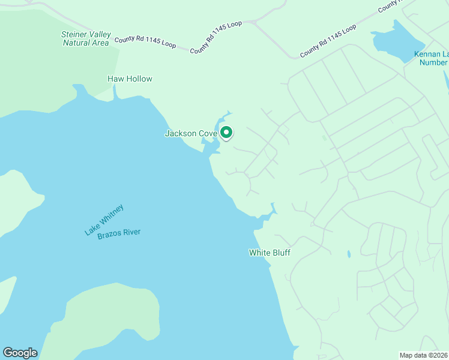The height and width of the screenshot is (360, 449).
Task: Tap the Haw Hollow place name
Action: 130,79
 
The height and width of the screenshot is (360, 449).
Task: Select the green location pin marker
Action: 226,132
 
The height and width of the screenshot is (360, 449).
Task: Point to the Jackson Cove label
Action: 190,134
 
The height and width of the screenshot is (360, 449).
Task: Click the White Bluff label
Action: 270,253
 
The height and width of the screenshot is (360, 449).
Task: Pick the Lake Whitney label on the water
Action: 104,219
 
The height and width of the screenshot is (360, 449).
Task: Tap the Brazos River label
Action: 119,233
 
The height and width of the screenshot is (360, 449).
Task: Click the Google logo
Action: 20,353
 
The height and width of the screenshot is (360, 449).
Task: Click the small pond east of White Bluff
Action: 349,254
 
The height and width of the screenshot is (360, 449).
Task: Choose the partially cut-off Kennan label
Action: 431,58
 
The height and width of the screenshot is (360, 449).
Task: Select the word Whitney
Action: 112,214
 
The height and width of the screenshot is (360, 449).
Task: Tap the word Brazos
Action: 109,235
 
